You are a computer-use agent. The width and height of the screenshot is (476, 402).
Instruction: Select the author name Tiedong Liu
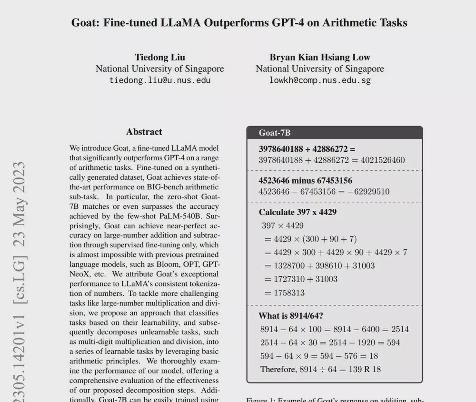point(159,58)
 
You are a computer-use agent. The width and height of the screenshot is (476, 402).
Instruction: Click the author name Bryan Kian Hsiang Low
point(320,58)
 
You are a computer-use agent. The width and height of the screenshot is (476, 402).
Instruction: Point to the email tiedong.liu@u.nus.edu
point(160,80)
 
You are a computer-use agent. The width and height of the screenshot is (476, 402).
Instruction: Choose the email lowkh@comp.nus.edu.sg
point(320,80)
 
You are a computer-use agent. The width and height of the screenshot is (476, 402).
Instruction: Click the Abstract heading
point(144,132)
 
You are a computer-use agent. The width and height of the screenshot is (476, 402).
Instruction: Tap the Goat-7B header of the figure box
point(275,133)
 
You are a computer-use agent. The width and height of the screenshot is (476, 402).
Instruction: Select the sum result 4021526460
point(383,160)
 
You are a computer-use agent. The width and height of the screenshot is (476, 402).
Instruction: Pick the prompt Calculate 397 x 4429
point(297,212)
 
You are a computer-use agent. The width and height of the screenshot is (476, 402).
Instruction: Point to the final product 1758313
point(289,293)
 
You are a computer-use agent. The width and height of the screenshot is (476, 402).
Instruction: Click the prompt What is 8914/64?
point(291,316)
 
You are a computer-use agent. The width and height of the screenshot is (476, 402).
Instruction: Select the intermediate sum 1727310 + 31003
point(305,279)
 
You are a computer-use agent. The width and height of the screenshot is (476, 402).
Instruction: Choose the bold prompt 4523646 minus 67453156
point(305,181)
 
